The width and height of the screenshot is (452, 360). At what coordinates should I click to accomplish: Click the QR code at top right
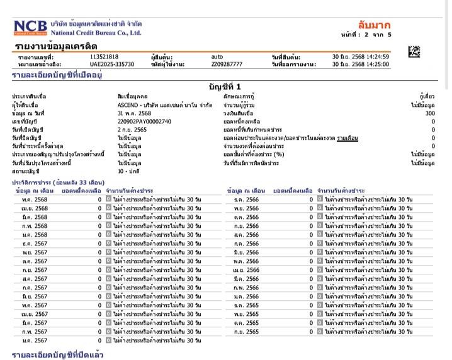414,52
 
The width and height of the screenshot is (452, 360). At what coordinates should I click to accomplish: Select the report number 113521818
104,57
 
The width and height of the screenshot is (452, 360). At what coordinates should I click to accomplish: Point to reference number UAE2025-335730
112,64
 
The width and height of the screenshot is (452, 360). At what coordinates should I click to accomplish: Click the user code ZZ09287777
227,64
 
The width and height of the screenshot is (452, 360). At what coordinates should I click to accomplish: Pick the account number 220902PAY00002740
144,121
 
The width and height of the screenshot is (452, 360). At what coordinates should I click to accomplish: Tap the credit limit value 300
429,113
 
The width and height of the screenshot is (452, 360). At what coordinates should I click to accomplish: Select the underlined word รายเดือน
347,137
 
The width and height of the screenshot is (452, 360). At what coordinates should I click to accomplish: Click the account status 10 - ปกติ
128,171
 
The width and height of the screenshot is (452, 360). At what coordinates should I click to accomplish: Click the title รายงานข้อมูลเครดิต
55,46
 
